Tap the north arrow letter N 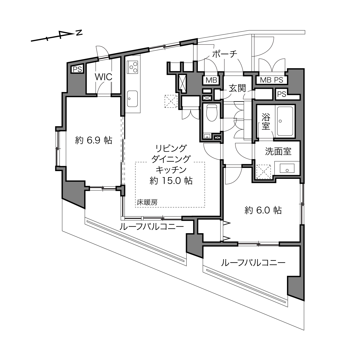click(x=79, y=32)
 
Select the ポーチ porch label click(x=225, y=54)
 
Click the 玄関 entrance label click(x=237, y=88)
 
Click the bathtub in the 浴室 click(x=285, y=121)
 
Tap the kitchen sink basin click(x=132, y=99)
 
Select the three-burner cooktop click(x=133, y=67)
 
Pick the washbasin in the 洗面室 click(x=287, y=168)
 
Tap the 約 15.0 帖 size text click(x=171, y=181)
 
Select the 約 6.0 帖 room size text click(x=263, y=210)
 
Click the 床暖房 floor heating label click(x=147, y=202)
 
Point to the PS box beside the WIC click(x=77, y=69)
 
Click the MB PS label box click(x=271, y=80)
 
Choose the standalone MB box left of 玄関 click(x=211, y=80)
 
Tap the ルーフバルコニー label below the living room click(x=152, y=227)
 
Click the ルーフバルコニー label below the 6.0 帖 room click(x=253, y=263)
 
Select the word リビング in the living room click(x=171, y=148)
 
